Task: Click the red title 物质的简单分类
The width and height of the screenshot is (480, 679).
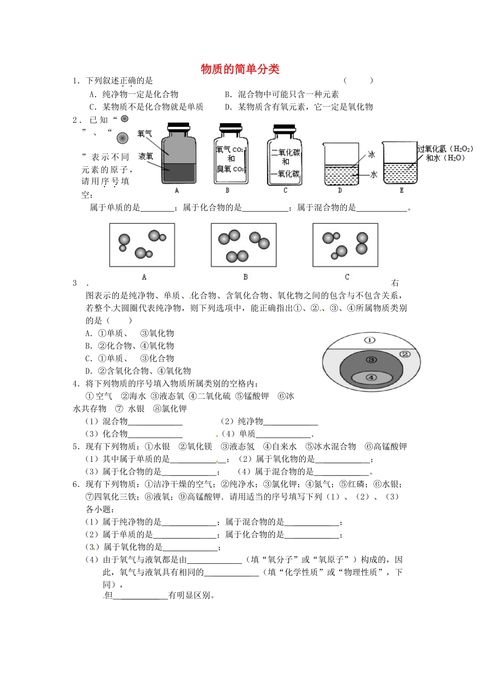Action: pyautogui.click(x=240, y=69)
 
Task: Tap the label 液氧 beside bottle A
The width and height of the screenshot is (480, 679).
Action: pyautogui.click(x=146, y=157)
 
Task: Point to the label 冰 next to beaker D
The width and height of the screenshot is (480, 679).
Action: pyautogui.click(x=371, y=155)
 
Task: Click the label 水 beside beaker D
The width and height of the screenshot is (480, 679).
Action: pyautogui.click(x=373, y=174)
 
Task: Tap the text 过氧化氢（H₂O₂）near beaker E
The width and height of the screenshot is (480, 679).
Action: pyautogui.click(x=445, y=149)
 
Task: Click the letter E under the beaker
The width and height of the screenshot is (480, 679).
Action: pyautogui.click(x=401, y=190)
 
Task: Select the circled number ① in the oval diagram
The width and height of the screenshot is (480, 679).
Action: pyautogui.click(x=370, y=341)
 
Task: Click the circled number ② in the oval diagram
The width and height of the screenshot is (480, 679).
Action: pyautogui.click(x=405, y=354)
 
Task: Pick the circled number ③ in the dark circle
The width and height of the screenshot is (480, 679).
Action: pyautogui.click(x=371, y=360)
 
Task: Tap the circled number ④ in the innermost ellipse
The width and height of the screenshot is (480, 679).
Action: pyautogui.click(x=371, y=377)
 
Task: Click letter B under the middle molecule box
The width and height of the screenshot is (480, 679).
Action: pyautogui.click(x=245, y=277)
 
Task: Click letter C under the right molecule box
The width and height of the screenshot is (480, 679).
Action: pyautogui.click(x=347, y=277)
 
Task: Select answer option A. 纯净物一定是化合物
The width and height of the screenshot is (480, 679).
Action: pyautogui.click(x=134, y=94)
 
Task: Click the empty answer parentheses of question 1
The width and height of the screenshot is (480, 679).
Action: pyautogui.click(x=358, y=80)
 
